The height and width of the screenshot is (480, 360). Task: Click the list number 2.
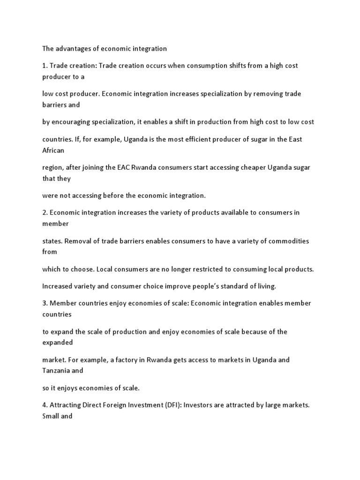coord(45,212)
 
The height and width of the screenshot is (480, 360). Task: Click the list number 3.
coord(45,303)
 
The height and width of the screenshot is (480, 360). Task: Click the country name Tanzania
coord(57,370)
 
